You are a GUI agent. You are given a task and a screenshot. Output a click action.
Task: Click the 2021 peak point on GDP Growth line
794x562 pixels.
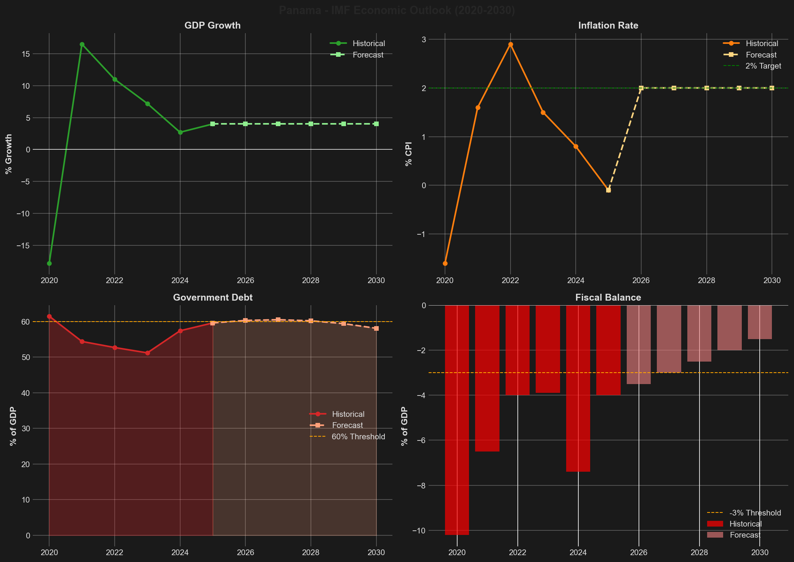(x=82, y=44)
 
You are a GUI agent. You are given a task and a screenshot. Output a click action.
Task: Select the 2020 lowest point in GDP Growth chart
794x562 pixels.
(x=49, y=263)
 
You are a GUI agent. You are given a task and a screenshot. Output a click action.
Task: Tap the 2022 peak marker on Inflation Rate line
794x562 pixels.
(x=511, y=44)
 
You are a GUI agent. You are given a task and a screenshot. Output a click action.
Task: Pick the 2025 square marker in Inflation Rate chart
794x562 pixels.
(x=608, y=190)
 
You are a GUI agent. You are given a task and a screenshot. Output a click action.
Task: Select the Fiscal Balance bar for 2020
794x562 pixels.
(x=457, y=419)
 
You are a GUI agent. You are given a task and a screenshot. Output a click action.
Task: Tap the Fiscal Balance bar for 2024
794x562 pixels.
(x=578, y=389)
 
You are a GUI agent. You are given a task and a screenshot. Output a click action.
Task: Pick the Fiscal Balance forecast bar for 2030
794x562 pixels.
(x=760, y=322)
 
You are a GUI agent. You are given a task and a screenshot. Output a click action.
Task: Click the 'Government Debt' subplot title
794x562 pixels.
(x=213, y=298)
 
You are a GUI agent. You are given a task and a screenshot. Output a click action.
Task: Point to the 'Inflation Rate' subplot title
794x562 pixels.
(x=608, y=26)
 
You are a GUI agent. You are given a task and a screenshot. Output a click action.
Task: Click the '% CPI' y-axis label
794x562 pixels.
(x=409, y=154)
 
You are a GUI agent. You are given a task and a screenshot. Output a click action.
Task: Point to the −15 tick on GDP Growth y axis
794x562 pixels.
(x=23, y=245)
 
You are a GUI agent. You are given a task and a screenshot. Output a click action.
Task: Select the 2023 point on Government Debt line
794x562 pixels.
(x=147, y=353)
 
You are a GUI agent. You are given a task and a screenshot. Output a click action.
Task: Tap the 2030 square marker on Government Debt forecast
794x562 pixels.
(x=376, y=328)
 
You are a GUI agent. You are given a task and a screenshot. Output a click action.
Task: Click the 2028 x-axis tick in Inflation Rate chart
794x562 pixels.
(x=706, y=280)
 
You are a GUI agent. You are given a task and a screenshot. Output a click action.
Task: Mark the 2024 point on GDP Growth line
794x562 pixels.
(x=180, y=132)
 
